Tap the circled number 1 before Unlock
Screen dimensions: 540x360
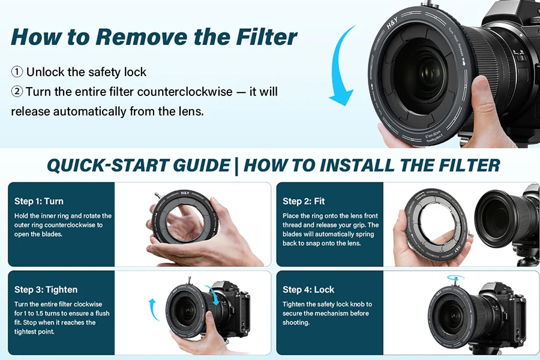coord(17,72)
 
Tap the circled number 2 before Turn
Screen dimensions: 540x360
coord(17,92)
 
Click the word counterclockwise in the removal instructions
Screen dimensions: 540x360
coord(185,92)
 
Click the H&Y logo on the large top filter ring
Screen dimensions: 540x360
coord(392,23)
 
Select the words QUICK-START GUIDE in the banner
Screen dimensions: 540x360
coord(139,166)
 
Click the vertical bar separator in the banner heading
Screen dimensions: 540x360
coord(236,166)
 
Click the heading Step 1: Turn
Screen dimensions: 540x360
coord(39,201)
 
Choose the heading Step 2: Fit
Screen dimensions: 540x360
coord(304,201)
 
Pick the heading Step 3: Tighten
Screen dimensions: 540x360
coord(46,290)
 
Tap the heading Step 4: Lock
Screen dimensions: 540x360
coord(308,290)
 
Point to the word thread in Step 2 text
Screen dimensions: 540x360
coord(292,226)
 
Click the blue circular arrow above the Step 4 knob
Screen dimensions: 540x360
coord(455,278)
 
